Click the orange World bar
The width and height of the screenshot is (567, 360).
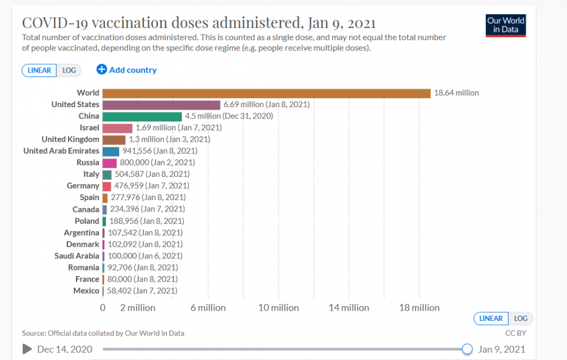[266, 93]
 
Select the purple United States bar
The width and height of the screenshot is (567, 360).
[161, 105]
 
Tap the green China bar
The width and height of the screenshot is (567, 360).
[142, 116]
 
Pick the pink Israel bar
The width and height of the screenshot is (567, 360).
[117, 128]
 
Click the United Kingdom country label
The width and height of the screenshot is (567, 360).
[70, 139]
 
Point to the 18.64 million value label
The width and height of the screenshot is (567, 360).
[456, 93]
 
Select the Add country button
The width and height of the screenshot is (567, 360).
[126, 70]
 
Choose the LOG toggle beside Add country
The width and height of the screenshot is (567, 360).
[69, 70]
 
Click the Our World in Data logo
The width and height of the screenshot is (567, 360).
[506, 26]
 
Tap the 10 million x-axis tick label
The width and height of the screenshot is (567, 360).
[278, 308]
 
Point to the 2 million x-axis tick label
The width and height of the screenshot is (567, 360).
[138, 308]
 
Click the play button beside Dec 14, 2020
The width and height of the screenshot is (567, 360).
[27, 349]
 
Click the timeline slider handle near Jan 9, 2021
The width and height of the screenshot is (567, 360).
[467, 349]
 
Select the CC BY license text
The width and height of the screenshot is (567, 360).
[515, 333]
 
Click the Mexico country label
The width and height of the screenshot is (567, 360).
[86, 291]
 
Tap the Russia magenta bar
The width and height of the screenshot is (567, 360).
[109, 163]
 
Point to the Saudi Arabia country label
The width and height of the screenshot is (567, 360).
[75, 256]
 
